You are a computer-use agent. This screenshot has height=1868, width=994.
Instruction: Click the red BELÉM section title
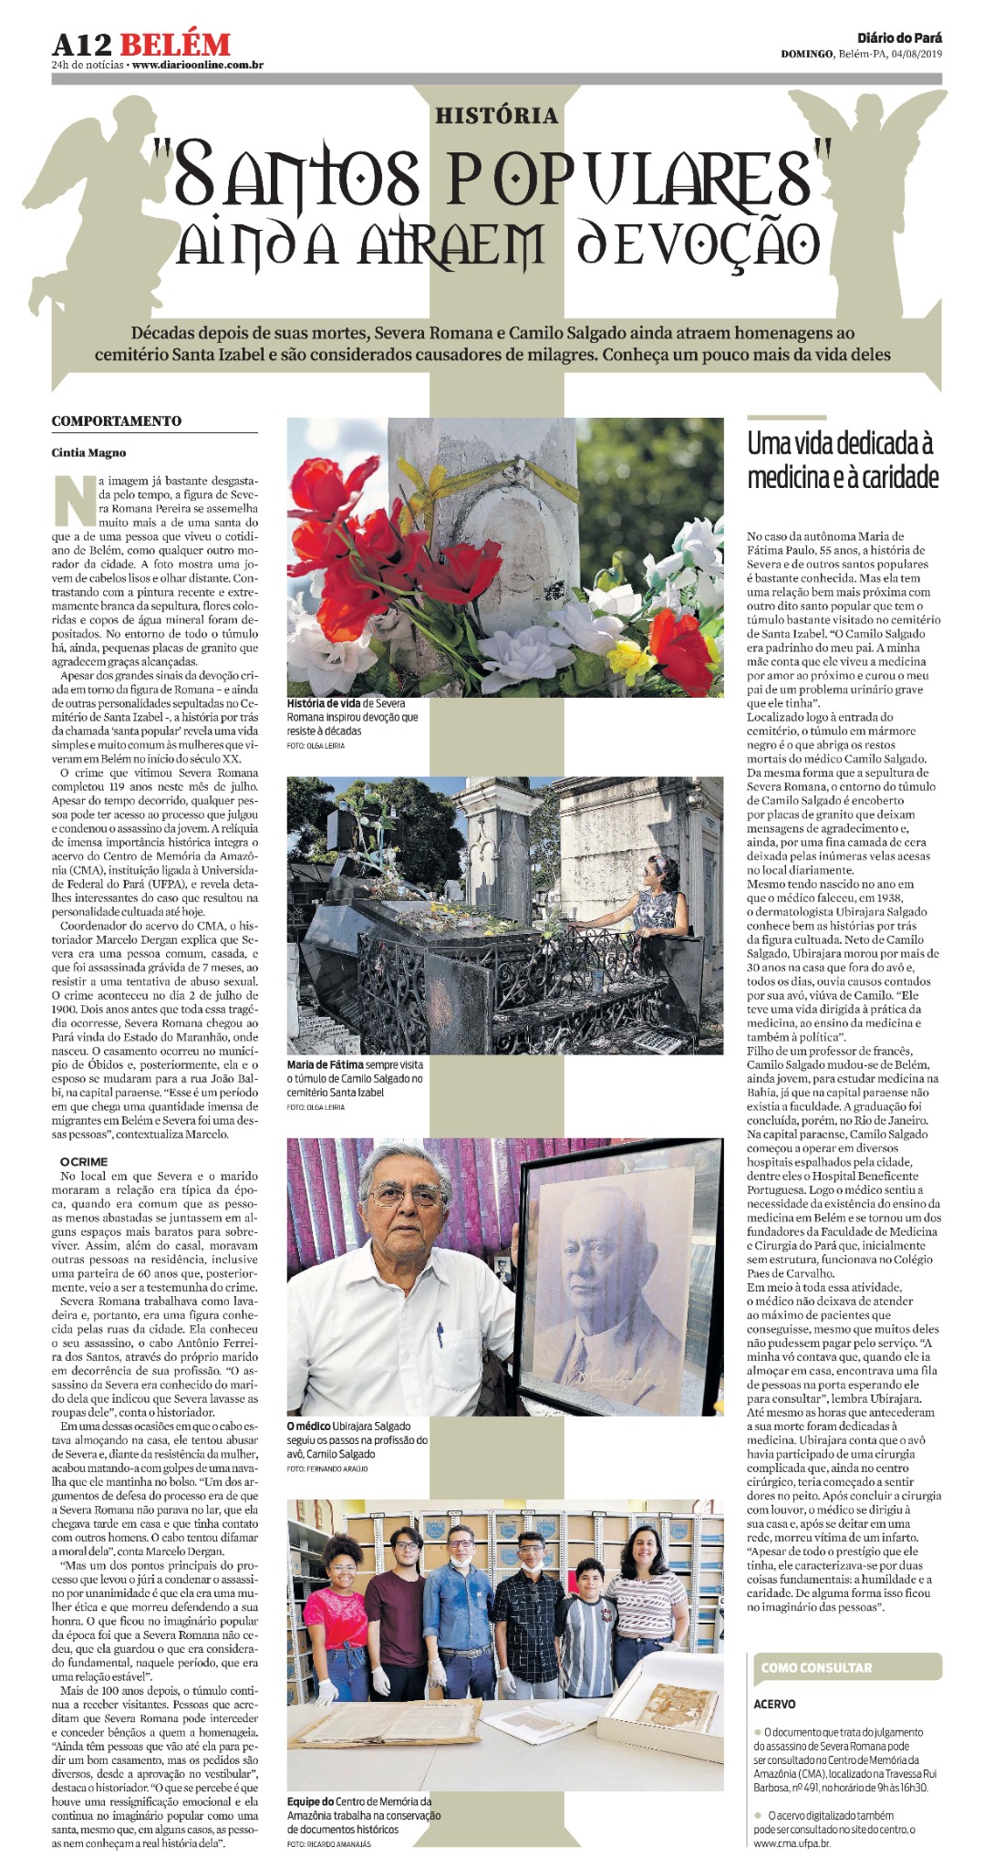(x=174, y=44)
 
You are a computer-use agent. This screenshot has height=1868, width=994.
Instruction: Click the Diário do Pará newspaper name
(x=899, y=37)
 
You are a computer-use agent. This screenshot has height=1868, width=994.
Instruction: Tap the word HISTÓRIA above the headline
(x=496, y=116)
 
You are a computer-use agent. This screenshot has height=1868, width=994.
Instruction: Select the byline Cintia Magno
(x=88, y=452)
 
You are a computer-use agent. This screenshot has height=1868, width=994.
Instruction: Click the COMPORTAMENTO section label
(x=116, y=421)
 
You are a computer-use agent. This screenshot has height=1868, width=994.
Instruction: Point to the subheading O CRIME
(x=84, y=1162)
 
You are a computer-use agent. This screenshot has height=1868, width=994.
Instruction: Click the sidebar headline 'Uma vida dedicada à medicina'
(x=842, y=461)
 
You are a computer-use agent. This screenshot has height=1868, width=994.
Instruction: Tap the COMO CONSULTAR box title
(x=816, y=1667)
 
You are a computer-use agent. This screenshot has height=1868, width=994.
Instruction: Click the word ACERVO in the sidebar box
(x=774, y=1704)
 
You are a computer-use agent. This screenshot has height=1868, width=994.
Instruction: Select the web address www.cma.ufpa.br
(x=792, y=1842)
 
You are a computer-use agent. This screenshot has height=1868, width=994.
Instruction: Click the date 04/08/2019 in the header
(x=916, y=54)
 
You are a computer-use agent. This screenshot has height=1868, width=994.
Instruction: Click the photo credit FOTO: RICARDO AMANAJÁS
(x=328, y=1844)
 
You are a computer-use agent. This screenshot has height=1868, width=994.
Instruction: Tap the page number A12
(x=80, y=44)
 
